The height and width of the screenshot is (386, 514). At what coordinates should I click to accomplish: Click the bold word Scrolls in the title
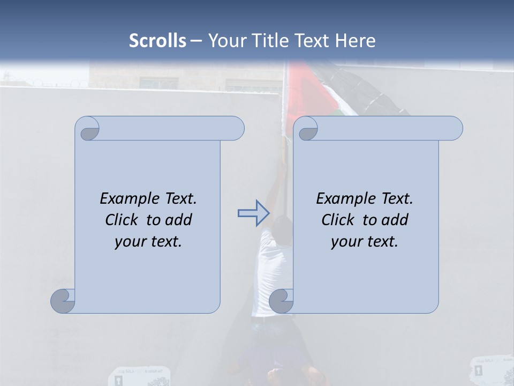click(x=157, y=41)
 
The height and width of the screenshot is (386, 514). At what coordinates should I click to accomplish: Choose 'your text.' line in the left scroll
click(x=148, y=241)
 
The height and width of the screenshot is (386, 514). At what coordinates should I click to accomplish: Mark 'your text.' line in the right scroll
click(x=364, y=241)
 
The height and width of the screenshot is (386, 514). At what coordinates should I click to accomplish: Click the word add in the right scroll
click(x=395, y=220)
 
